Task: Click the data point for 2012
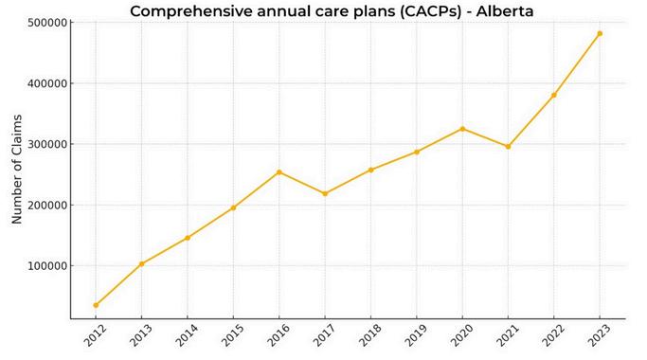[96, 305]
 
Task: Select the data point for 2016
[279, 172]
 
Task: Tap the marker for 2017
[325, 193]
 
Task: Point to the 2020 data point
[462, 129]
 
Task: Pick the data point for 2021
[508, 147]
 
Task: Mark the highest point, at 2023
[600, 33]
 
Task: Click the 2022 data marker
[554, 95]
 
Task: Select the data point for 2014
[188, 238]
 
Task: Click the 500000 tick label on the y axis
[47, 23]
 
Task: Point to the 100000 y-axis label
[47, 266]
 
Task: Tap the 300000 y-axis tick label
[47, 145]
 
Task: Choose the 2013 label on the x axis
[140, 334]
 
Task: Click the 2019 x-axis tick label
[416, 334]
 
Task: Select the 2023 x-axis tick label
[599, 334]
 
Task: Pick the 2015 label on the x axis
[232, 334]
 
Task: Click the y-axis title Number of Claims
[16, 170]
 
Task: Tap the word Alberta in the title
[505, 10]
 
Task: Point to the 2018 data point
[370, 170]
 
